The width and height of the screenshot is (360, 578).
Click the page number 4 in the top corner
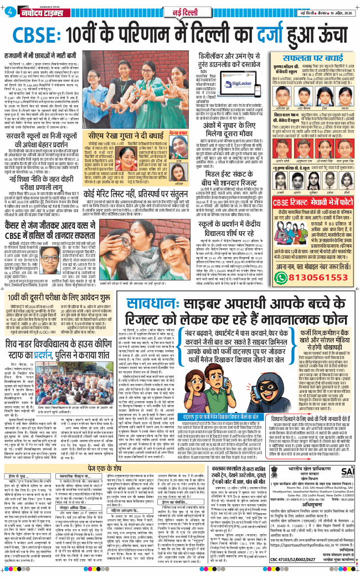click(9, 8)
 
